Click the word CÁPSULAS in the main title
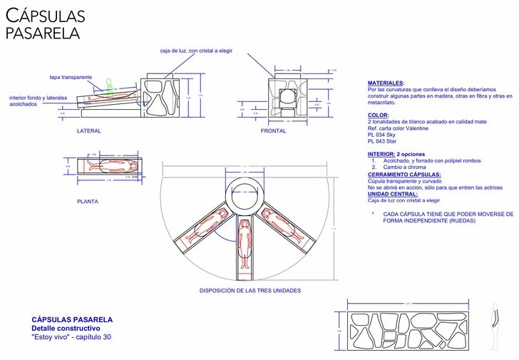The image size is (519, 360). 46,16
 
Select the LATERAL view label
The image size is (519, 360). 89,131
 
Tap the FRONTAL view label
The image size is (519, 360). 273,131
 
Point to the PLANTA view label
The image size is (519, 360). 88,202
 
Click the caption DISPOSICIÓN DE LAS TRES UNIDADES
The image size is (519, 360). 250,291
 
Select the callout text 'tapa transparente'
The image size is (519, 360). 71,77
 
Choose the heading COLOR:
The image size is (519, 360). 379,115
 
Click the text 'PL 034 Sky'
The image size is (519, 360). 381,135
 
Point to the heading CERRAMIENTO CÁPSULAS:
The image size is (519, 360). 404,175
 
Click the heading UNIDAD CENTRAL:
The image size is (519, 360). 391,194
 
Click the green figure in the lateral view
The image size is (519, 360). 109,84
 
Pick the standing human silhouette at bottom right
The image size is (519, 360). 494,329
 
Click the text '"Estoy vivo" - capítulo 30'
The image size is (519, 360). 71,337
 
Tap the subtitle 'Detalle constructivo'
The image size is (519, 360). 66,329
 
